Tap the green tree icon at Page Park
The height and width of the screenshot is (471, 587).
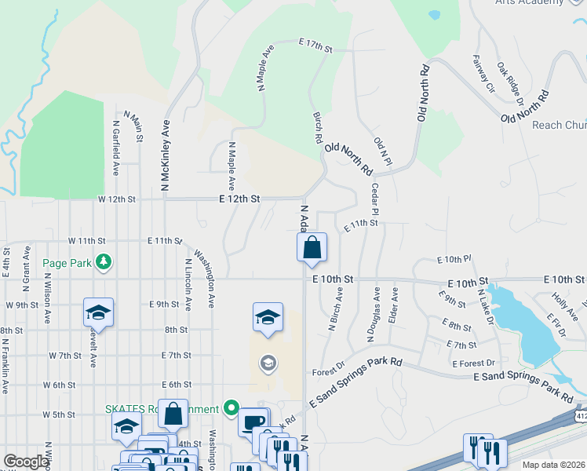tap(102, 261)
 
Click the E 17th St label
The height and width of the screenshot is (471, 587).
tap(315, 45)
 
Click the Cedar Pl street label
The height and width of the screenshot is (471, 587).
tap(375, 200)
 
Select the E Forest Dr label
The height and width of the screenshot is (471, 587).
tap(473, 363)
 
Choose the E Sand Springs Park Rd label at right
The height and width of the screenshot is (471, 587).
tap(523, 385)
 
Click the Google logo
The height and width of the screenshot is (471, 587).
tap(26, 462)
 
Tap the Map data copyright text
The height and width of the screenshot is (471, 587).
tap(553, 465)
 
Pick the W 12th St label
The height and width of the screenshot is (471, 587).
tap(116, 199)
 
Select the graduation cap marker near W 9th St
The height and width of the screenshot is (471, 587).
tap(98, 312)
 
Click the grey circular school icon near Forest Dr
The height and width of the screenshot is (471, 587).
tap(268, 363)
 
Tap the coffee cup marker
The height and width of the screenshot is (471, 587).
tap(253, 422)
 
